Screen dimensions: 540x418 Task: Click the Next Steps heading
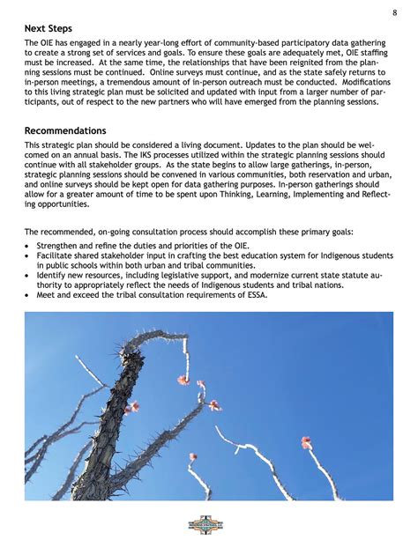click(x=49, y=28)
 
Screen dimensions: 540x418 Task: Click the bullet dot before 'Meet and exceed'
click(x=28, y=294)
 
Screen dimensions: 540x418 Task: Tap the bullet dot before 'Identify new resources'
click(x=28, y=275)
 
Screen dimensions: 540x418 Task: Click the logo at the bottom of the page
click(x=209, y=524)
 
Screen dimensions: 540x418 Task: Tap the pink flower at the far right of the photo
click(x=306, y=441)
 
